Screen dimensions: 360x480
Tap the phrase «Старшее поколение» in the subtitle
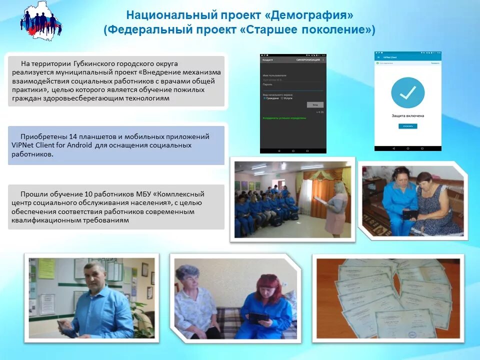click(x=306, y=29)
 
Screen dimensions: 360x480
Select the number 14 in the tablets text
click(x=73, y=136)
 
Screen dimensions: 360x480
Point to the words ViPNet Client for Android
click(x=51, y=145)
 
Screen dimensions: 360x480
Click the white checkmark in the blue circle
click(x=407, y=92)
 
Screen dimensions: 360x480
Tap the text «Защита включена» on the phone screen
click(x=407, y=115)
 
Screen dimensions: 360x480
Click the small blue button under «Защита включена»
click(x=407, y=126)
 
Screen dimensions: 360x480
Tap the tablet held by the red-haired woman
click(x=259, y=317)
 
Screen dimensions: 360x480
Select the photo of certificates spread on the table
click(x=388, y=298)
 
